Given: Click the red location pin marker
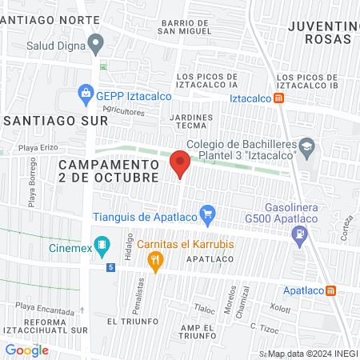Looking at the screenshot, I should coord(181,163).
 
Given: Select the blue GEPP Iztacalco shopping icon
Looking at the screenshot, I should coord(86,94).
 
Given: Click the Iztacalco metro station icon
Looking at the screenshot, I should coord(278,98).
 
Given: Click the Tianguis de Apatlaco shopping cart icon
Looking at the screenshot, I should coord(208,214).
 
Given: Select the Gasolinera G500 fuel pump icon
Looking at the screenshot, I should coord(299,234).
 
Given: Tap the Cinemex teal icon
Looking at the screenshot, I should coord(102,244).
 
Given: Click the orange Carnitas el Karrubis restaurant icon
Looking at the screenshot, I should coord(155,259).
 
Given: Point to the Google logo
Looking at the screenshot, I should coord(27,350).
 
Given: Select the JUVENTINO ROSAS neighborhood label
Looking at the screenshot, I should coord(319,32).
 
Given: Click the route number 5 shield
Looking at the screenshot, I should coord(110,268).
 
